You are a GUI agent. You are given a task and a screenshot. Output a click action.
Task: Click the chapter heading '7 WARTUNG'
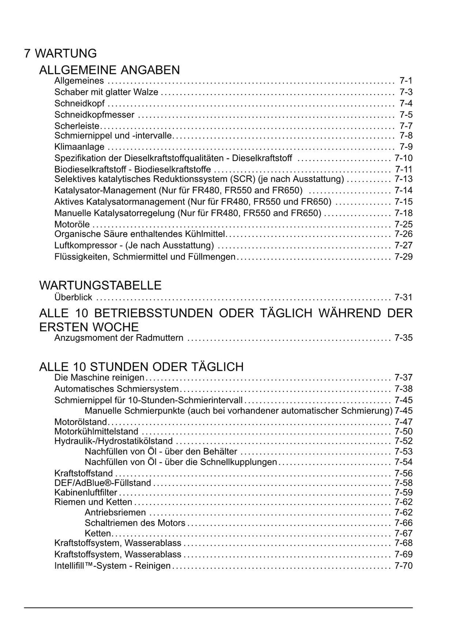(x=60, y=54)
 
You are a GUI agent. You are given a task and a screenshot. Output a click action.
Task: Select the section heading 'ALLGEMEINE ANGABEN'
(x=110, y=70)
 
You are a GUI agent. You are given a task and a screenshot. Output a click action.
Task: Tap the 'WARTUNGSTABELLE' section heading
(x=100, y=285)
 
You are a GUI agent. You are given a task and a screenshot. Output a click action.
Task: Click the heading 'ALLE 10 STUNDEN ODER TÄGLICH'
(x=141, y=367)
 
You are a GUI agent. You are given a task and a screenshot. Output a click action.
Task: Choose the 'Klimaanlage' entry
(x=79, y=147)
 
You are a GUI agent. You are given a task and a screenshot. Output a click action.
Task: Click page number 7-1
(x=406, y=81)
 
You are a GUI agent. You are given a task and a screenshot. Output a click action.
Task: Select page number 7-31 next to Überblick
(x=403, y=297)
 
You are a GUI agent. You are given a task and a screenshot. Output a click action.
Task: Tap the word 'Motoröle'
(x=72, y=224)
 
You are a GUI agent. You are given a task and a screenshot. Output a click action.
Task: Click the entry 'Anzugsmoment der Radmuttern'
(x=118, y=338)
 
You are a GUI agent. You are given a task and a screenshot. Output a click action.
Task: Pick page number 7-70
(x=403, y=566)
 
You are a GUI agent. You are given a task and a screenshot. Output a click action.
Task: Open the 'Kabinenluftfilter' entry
(x=86, y=492)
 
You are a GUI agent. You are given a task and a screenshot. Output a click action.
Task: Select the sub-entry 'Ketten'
(x=98, y=533)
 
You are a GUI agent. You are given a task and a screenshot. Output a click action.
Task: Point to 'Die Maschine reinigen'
(x=99, y=378)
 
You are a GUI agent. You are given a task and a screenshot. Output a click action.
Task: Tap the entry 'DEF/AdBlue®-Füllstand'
(x=102, y=483)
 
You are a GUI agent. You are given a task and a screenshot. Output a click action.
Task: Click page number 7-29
(x=403, y=257)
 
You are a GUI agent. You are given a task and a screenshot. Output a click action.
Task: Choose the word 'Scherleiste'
(x=77, y=126)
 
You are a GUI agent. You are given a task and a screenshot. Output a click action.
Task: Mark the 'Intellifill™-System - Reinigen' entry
(x=112, y=566)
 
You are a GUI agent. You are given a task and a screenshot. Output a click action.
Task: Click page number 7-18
(x=403, y=213)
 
